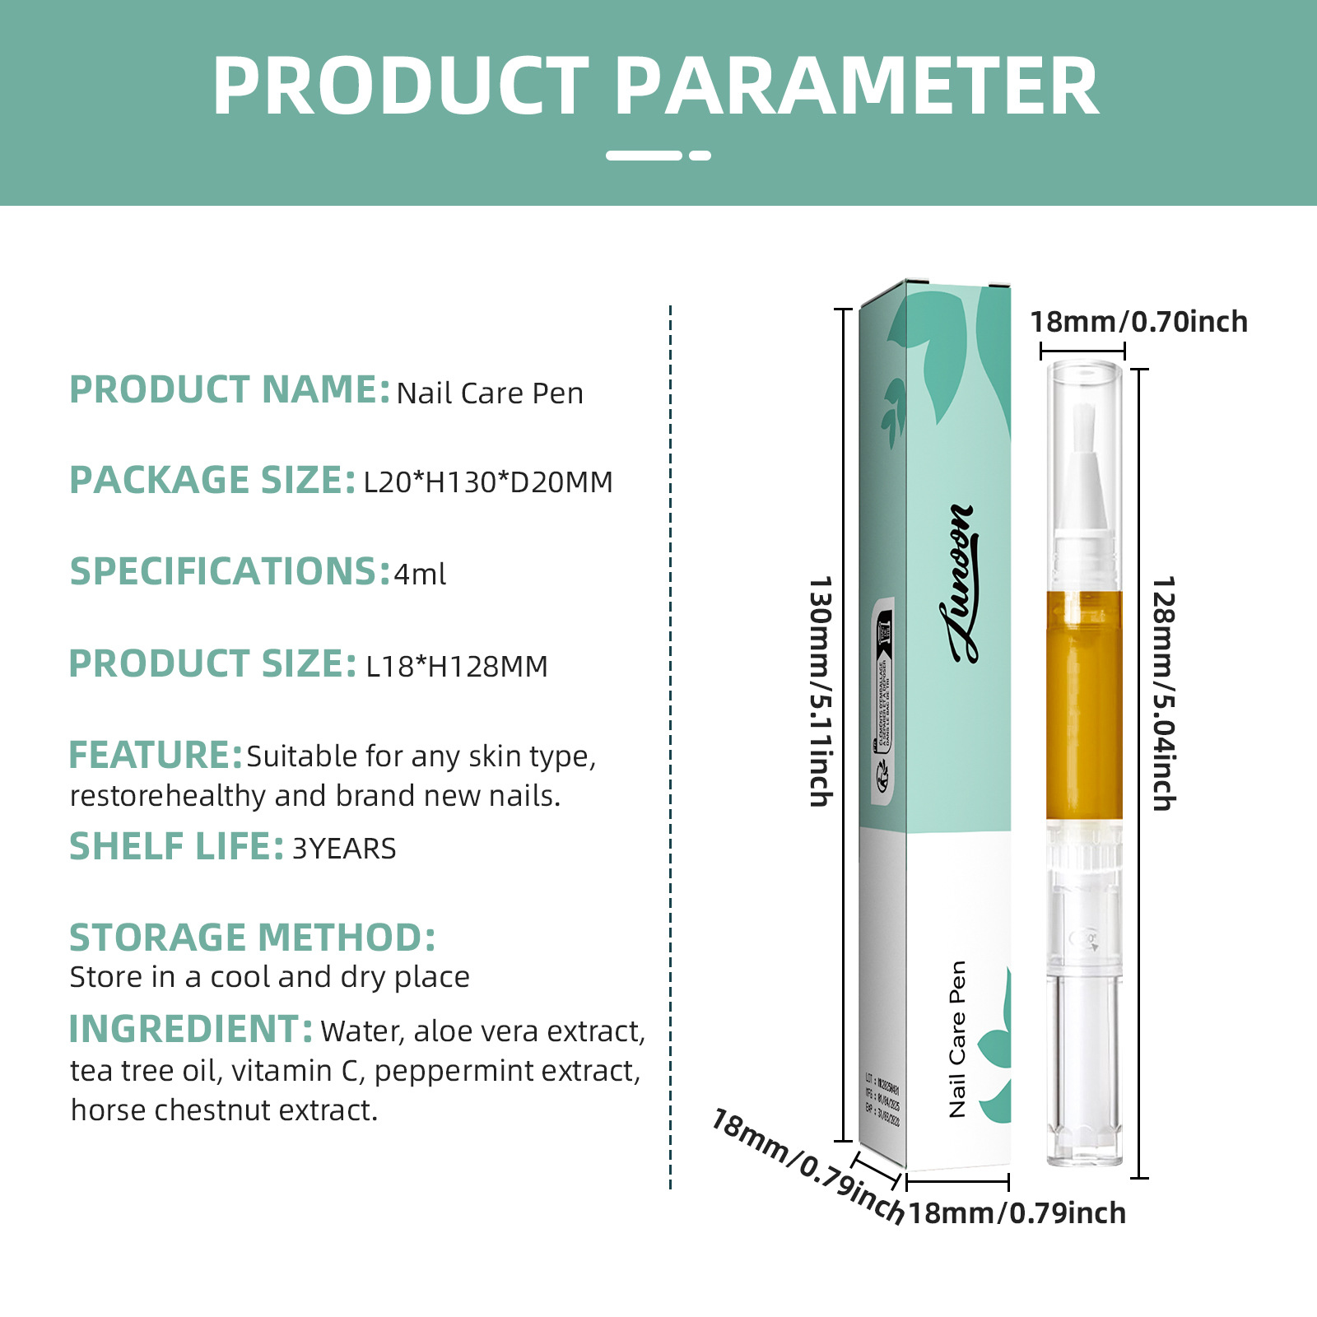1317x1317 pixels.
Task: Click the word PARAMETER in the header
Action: click(x=856, y=86)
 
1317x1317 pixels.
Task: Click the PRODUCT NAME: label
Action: click(x=229, y=389)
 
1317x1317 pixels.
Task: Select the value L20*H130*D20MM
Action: click(x=488, y=482)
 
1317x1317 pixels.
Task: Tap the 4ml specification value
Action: click(x=420, y=574)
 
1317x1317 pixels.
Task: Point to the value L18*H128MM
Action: click(x=457, y=666)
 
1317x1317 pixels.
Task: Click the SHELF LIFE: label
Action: click(x=176, y=847)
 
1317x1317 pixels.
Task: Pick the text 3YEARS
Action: click(x=344, y=849)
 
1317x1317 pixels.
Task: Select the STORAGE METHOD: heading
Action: click(x=252, y=938)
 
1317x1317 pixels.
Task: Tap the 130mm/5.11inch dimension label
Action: click(x=821, y=691)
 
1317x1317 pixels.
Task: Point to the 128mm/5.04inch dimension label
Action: click(x=1163, y=693)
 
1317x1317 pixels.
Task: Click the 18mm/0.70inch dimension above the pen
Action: click(x=1139, y=322)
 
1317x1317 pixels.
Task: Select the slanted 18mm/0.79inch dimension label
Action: click(x=807, y=1166)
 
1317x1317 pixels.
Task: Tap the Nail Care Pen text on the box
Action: click(x=957, y=1039)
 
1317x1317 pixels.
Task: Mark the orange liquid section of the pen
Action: click(x=1084, y=705)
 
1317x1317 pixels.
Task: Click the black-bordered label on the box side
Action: click(x=883, y=700)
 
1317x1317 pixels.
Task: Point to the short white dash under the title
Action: click(x=700, y=155)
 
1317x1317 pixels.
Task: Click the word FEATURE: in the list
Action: click(x=155, y=756)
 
